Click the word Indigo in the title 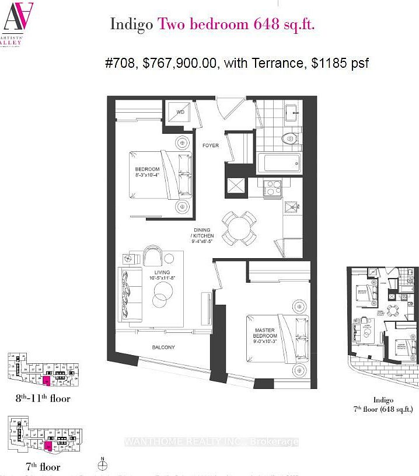pos(131,25)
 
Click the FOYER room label pos(210,145)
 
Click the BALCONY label pos(163,348)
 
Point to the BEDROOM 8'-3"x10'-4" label pos(146,173)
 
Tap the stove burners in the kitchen pos(273,188)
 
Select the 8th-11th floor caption pos(43,398)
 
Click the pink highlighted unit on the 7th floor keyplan pos(48,447)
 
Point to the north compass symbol pos(103,464)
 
